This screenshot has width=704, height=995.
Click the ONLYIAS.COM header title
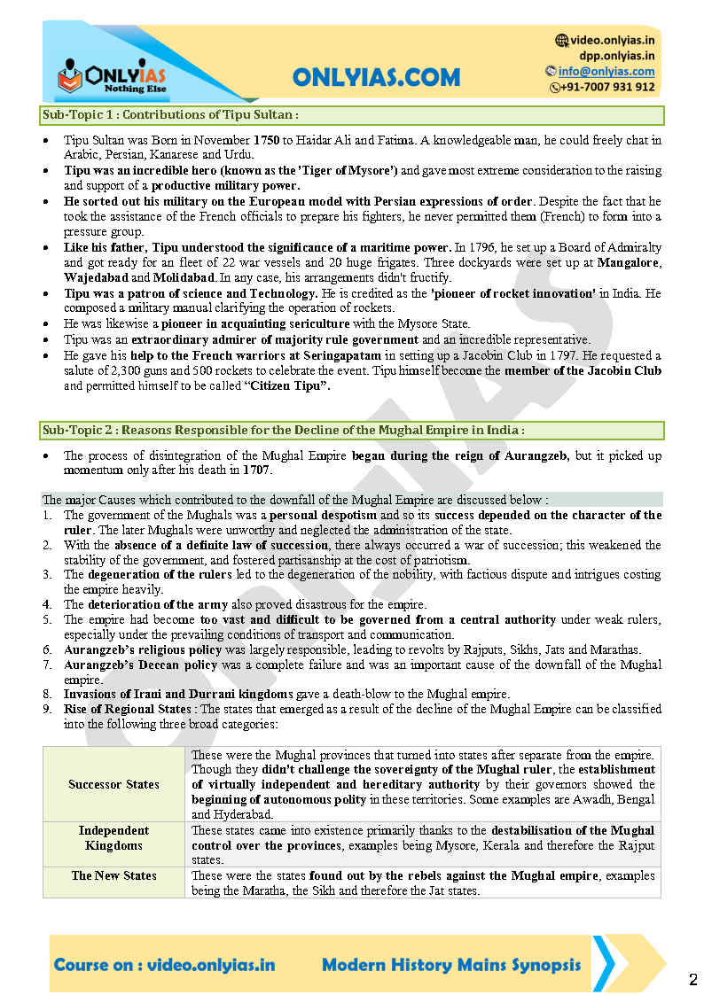tap(376, 77)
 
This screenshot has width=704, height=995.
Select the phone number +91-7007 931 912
tap(607, 87)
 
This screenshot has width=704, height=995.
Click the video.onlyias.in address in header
tap(612, 40)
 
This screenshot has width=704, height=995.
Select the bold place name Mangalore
tap(630, 262)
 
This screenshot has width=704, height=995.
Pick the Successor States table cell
tap(113, 784)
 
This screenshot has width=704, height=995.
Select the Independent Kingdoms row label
tap(113, 838)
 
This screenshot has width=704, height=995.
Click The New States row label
tap(113, 875)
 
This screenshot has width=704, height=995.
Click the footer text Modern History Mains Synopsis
tap(451, 965)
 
